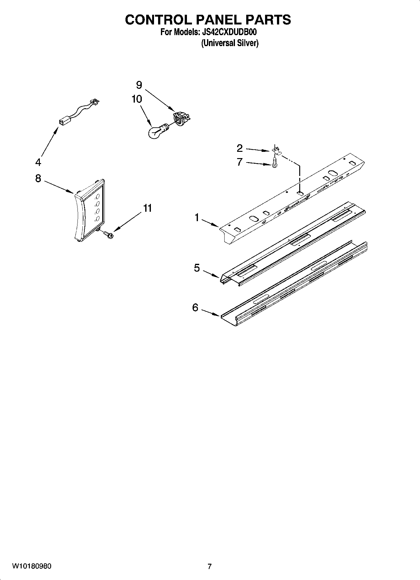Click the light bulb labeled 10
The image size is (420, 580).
pos(156,131)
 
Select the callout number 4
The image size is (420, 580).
pos(38,162)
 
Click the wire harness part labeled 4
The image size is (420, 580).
pos(78,112)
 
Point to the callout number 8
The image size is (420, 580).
pos(38,178)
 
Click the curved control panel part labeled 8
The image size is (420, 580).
pos(90,210)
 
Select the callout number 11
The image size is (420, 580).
pos(147,208)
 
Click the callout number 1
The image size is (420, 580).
pos(197,217)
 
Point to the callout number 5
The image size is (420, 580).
pos(197,268)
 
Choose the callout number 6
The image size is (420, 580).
pos(195,308)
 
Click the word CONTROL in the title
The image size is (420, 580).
pos(158,20)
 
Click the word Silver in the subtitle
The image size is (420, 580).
pos(248,43)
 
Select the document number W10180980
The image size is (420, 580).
pos(32,566)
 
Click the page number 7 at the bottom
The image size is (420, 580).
pos(210,566)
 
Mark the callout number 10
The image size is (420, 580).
pos(137,99)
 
